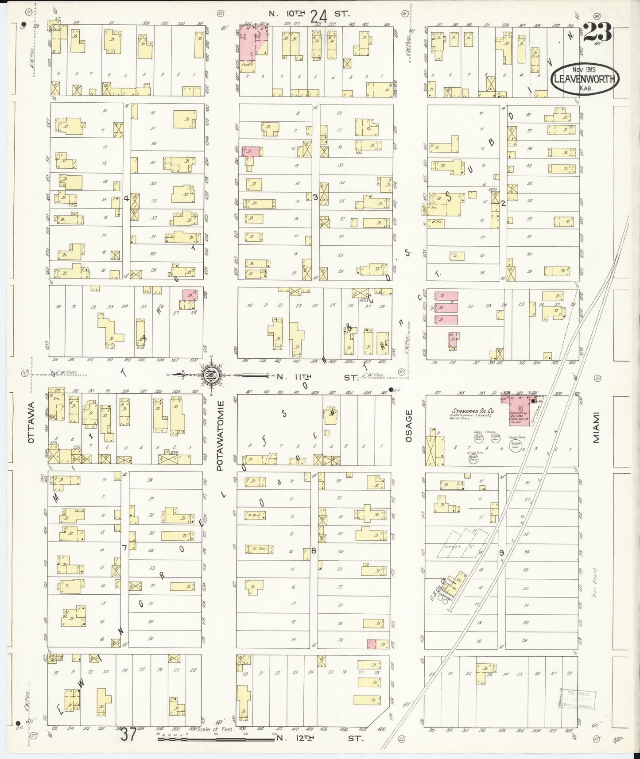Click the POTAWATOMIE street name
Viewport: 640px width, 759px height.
[220, 435]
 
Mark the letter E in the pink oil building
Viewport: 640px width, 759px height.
[520, 408]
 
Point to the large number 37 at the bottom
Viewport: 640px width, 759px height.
[128, 734]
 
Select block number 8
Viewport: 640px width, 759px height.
[314, 551]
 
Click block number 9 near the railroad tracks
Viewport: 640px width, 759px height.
[501, 553]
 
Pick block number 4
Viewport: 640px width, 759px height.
[126, 198]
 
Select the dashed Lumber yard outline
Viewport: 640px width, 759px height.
[463, 543]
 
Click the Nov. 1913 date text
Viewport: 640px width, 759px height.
[584, 70]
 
